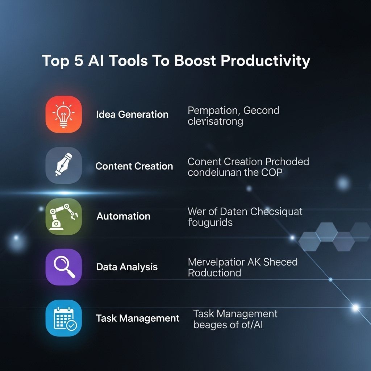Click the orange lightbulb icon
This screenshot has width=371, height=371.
(x=63, y=114)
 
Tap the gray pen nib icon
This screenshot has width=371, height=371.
(x=63, y=166)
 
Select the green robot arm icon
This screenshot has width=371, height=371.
(x=63, y=216)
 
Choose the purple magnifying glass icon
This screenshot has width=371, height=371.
(x=63, y=267)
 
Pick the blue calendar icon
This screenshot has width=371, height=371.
(x=63, y=318)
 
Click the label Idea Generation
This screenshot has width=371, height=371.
(x=132, y=114)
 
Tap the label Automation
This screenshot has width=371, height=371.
(x=123, y=216)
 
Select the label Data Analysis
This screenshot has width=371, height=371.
(x=127, y=267)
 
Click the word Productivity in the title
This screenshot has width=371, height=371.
(x=265, y=61)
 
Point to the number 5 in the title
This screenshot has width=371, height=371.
(x=78, y=61)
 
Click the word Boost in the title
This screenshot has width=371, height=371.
(x=195, y=61)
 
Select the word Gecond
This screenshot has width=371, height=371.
(x=261, y=110)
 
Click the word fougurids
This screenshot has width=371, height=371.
(x=210, y=222)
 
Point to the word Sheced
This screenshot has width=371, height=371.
(x=280, y=262)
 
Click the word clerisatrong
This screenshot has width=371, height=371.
(x=215, y=121)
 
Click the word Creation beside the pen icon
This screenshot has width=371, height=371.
(x=154, y=166)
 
